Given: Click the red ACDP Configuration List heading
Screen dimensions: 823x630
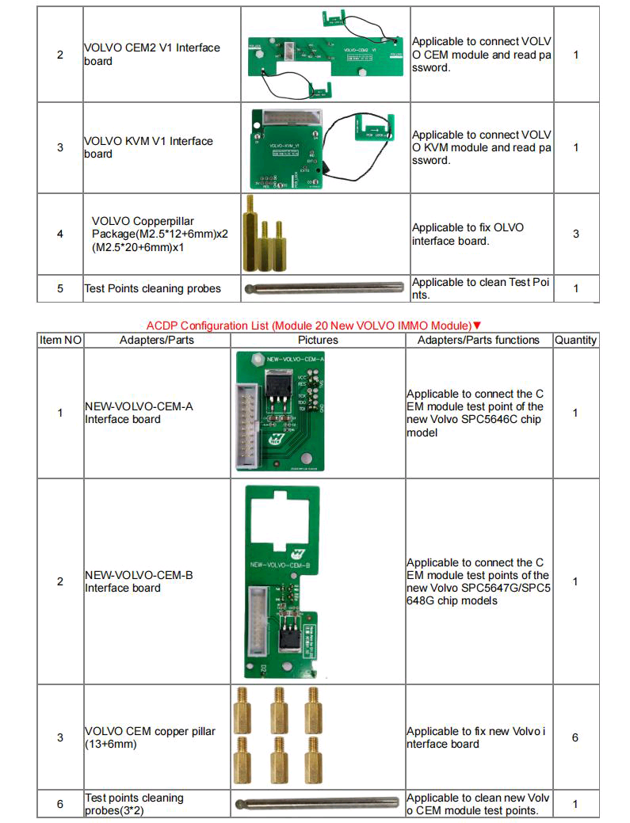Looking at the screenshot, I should click(x=309, y=326).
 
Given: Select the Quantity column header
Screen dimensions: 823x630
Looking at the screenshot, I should click(x=575, y=340).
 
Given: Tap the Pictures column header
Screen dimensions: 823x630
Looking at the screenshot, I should click(x=318, y=340).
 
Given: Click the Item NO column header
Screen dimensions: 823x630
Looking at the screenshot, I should click(x=60, y=340).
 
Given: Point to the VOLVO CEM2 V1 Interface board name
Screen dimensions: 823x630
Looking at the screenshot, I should click(x=151, y=55).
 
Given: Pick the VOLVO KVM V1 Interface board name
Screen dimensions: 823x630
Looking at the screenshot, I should click(x=148, y=147).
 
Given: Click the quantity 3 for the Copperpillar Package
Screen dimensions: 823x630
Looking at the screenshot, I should click(x=576, y=234).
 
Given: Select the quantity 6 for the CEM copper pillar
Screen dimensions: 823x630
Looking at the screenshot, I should click(x=575, y=737).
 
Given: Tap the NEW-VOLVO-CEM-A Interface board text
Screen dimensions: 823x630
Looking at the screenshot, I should click(x=139, y=413).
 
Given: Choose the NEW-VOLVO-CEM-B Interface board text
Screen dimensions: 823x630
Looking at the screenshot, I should click(x=139, y=581).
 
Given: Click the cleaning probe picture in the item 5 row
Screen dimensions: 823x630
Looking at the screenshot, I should click(x=325, y=288).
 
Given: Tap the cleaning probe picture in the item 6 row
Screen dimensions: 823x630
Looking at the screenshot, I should click(x=318, y=804).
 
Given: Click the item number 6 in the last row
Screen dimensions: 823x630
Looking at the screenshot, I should click(x=60, y=804).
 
